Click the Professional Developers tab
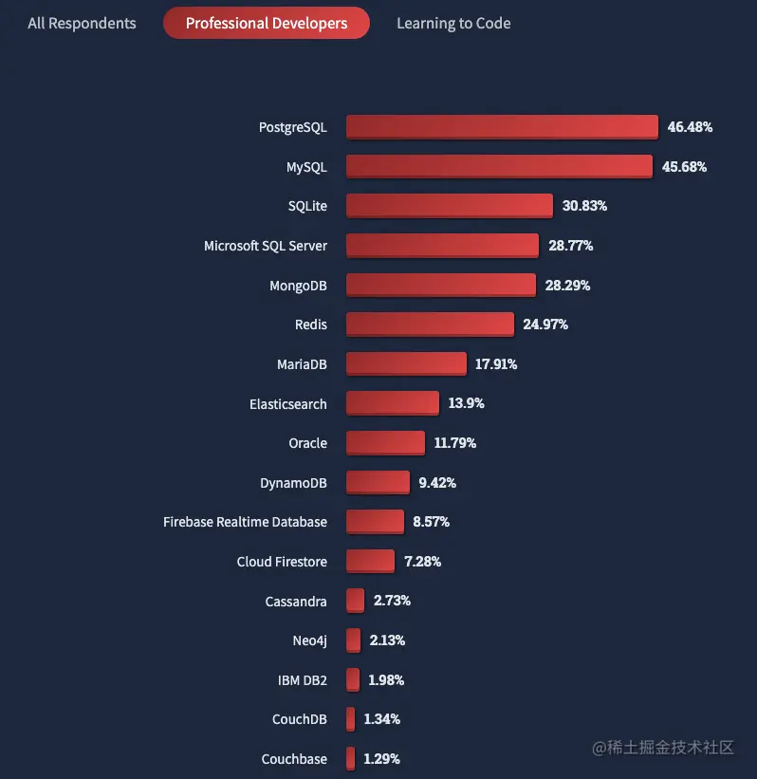pyautogui.click(x=267, y=23)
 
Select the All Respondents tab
pyautogui.click(x=82, y=23)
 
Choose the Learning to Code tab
pyautogui.click(x=453, y=23)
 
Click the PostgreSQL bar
pyautogui.click(x=502, y=126)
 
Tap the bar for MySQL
pyautogui.click(x=499, y=166)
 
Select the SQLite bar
pyautogui.click(x=449, y=205)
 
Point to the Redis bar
pyautogui.click(x=430, y=324)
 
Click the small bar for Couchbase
pyautogui.click(x=351, y=758)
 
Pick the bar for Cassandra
pyautogui.click(x=356, y=600)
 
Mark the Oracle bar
pyautogui.click(x=385, y=442)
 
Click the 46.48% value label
pyautogui.click(x=690, y=126)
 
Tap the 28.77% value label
pyautogui.click(x=570, y=245)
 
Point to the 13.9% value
pyautogui.click(x=466, y=403)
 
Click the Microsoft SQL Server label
pyautogui.click(x=266, y=246)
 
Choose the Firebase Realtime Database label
pyautogui.click(x=245, y=522)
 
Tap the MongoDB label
pyautogui.click(x=298, y=286)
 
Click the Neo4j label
pyautogui.click(x=309, y=640)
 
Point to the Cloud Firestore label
pyautogui.click(x=282, y=562)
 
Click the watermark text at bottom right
pyautogui.click(x=663, y=748)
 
